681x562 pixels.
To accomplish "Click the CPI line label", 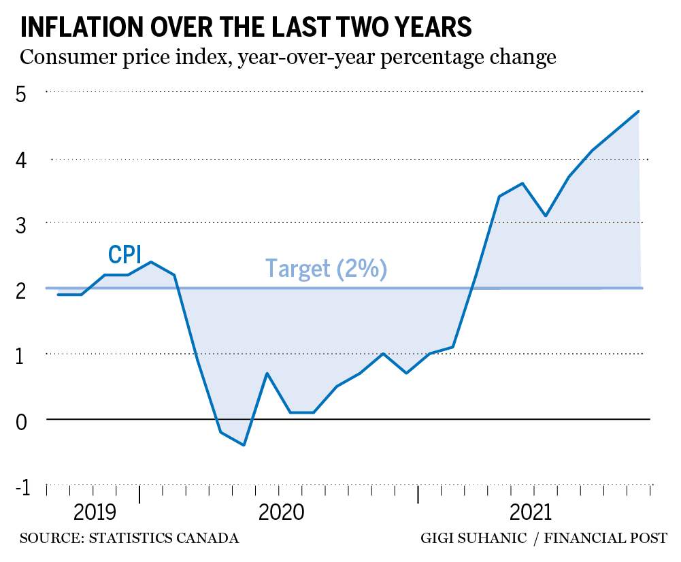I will [x=124, y=254].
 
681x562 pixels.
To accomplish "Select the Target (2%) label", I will [x=326, y=268].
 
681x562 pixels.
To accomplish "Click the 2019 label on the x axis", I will [x=94, y=512].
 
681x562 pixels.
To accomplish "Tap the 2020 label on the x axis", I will [x=280, y=512].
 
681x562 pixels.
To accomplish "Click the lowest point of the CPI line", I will [x=244, y=445].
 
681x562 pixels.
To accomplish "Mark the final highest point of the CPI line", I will [x=638, y=111].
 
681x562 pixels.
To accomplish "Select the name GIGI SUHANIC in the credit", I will [x=473, y=539].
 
